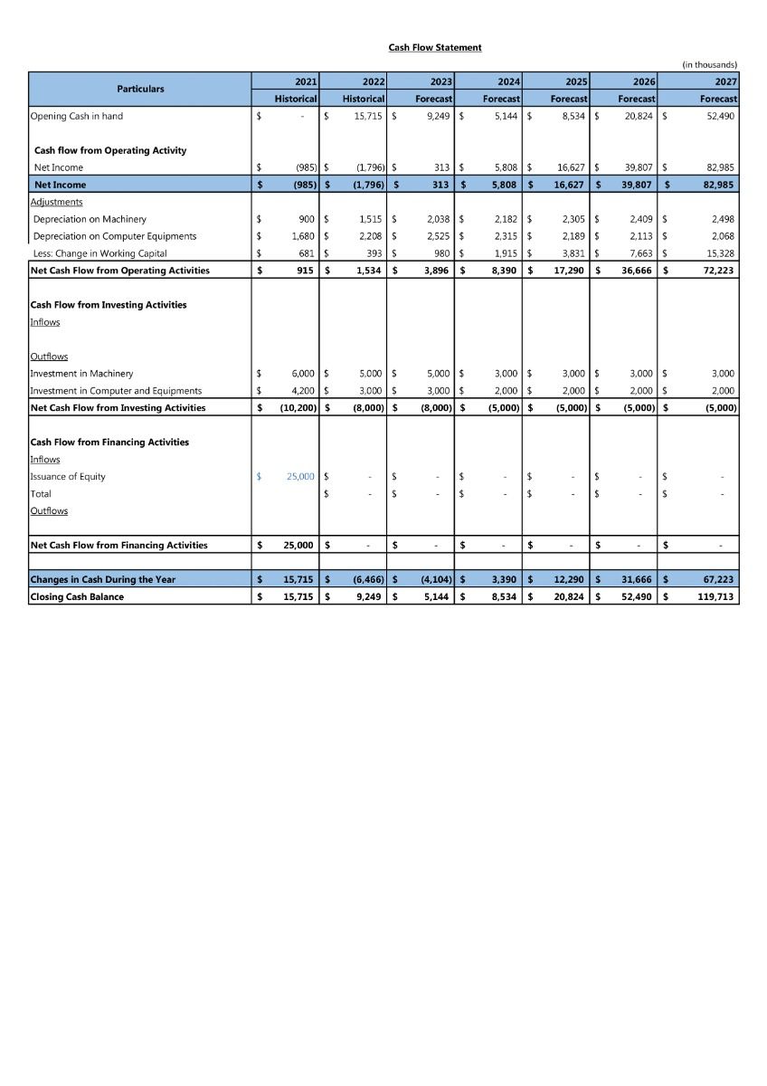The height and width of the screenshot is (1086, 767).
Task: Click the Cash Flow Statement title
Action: (x=435, y=47)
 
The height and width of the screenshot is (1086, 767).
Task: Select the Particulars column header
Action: (x=140, y=89)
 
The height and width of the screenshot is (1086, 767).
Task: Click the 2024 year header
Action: (x=508, y=81)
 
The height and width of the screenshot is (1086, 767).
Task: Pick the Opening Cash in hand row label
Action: (x=77, y=116)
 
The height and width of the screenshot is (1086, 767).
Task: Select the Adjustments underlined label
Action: (x=56, y=202)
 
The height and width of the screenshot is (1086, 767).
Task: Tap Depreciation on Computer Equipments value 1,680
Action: (x=301, y=236)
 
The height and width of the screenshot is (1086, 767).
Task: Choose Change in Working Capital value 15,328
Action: (x=720, y=253)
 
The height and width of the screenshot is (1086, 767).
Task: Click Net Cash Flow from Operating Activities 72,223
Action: (x=719, y=271)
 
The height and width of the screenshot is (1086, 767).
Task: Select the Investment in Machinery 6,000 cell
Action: (x=302, y=373)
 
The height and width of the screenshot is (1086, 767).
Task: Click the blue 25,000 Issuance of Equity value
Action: (x=300, y=476)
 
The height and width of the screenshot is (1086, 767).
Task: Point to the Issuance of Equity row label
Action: (x=68, y=476)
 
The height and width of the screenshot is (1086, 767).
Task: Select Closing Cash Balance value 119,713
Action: (x=717, y=596)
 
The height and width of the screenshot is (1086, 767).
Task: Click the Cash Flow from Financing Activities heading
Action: (x=109, y=442)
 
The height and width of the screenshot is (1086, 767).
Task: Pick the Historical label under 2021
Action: (x=296, y=98)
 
